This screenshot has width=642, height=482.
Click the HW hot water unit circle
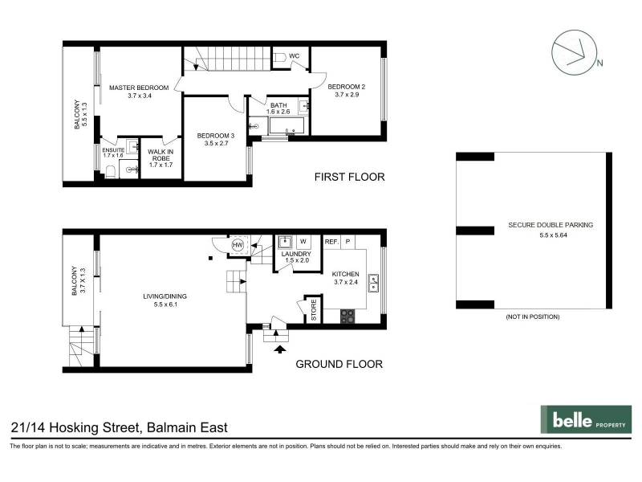[238, 245]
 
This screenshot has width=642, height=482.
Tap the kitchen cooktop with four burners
[347, 316]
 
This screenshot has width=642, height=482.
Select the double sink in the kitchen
[373, 283]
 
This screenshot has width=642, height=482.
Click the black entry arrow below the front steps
[280, 349]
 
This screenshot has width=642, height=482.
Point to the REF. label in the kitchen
[331, 242]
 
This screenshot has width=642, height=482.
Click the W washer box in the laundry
[303, 242]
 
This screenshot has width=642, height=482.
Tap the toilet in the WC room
[278, 58]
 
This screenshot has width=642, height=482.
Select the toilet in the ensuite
[110, 172]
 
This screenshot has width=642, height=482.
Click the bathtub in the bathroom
[286, 125]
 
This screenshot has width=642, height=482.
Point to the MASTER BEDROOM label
[139, 88]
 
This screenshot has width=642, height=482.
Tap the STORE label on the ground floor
[314, 310]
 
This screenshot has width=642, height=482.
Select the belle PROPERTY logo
[587, 419]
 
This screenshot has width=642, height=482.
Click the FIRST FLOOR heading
[350, 177]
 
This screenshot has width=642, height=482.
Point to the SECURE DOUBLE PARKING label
[551, 225]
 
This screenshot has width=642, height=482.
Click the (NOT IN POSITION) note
[533, 317]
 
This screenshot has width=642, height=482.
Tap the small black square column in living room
[210, 258]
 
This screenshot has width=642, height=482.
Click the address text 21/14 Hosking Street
[76, 428]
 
